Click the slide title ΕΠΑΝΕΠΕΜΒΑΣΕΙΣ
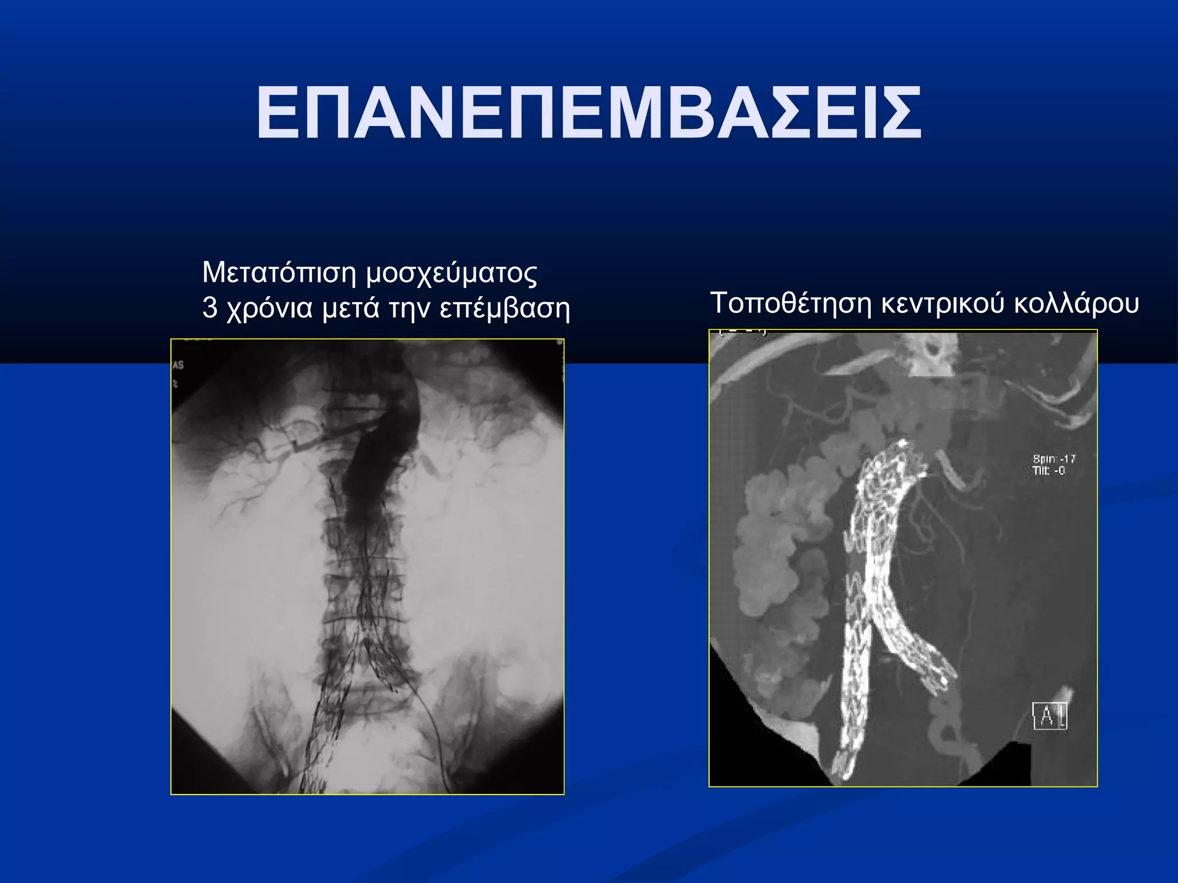click(x=588, y=113)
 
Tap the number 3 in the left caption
click(x=210, y=308)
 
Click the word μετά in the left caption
click(x=350, y=308)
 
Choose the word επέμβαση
click(x=504, y=309)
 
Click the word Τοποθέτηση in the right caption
click(x=791, y=303)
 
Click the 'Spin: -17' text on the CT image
click(x=1054, y=459)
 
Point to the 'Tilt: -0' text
click(x=1049, y=471)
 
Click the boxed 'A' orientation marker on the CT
click(x=1050, y=716)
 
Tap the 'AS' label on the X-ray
click(x=178, y=365)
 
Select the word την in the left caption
click(x=409, y=309)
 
